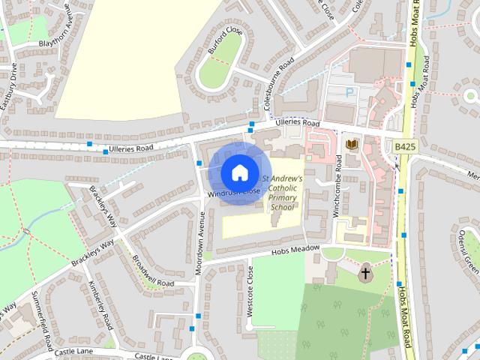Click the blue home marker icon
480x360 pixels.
238,172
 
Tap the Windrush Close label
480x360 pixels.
235,193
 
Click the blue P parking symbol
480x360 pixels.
349,91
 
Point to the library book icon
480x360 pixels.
350,143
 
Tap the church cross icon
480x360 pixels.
366,274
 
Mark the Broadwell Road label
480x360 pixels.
152,271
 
